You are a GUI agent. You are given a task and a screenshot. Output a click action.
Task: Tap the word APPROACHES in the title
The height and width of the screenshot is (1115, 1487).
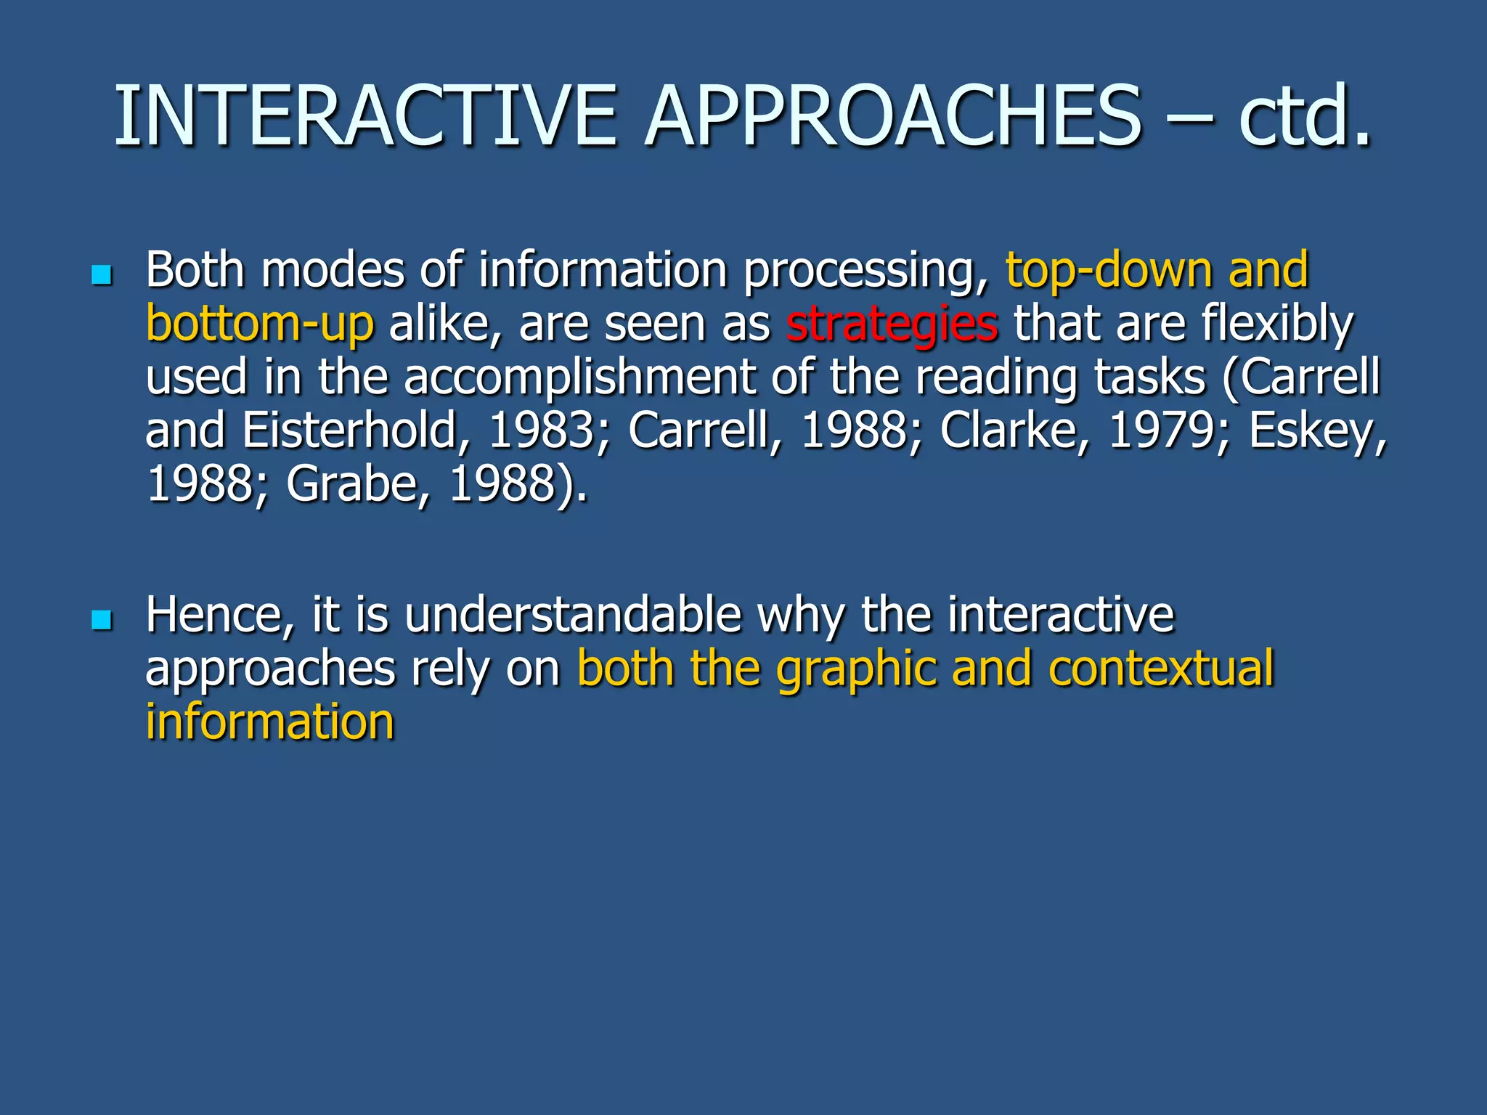click(x=893, y=116)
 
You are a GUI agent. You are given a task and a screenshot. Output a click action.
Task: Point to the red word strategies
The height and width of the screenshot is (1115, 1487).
click(x=892, y=324)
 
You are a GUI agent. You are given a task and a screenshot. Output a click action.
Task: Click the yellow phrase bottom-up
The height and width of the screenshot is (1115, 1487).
click(x=260, y=324)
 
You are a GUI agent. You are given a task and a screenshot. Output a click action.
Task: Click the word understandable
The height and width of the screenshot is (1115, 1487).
click(x=573, y=616)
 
